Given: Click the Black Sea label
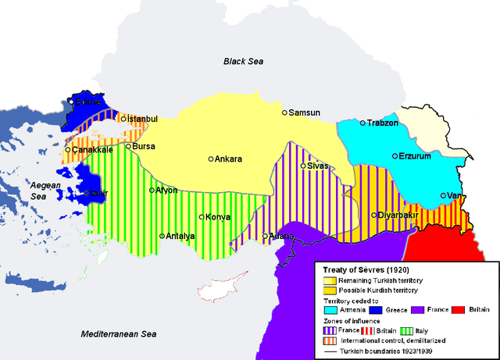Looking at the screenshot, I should pyautogui.click(x=245, y=61).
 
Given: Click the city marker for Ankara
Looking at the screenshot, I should pyautogui.click(x=211, y=159).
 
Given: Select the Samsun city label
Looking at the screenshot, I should pyautogui.click(x=305, y=112).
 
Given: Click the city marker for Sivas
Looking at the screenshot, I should pyautogui.click(x=303, y=166).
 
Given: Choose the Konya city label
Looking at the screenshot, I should pyautogui.click(x=217, y=217).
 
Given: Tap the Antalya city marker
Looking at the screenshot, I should pyautogui.click(x=162, y=236).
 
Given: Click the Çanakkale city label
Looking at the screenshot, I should pyautogui.click(x=94, y=149).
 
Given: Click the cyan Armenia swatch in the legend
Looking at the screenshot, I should pyautogui.click(x=329, y=310).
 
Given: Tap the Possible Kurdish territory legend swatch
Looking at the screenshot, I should pyautogui.click(x=329, y=290).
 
